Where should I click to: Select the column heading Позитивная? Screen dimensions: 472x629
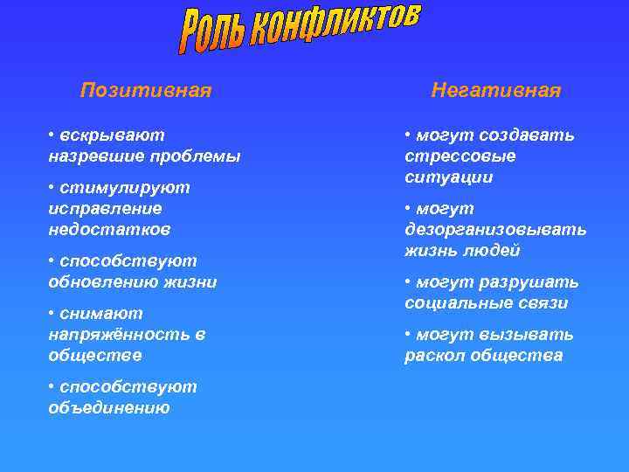(146, 91)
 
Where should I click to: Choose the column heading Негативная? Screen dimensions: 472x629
(495, 91)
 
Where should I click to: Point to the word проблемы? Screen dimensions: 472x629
(197, 156)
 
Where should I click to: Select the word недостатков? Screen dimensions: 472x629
(109, 230)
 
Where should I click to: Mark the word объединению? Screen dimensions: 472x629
(109, 408)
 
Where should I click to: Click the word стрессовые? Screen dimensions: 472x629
(460, 156)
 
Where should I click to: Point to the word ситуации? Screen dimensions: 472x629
(448, 177)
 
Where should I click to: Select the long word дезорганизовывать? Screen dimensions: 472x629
(495, 230)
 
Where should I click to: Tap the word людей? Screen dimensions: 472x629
(494, 251)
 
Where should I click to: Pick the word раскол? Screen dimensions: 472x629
(433, 356)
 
